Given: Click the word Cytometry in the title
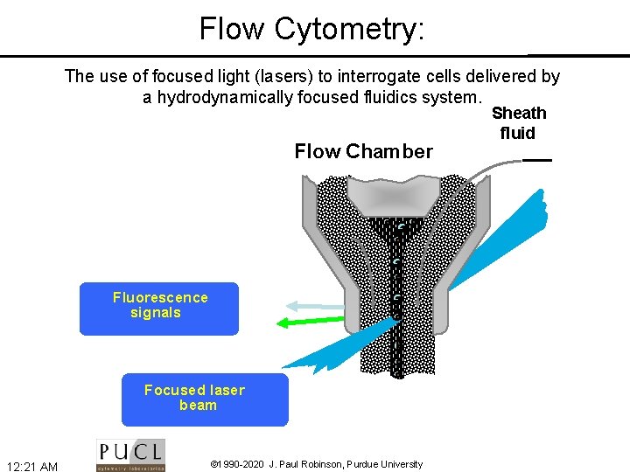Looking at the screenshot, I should point(349,29).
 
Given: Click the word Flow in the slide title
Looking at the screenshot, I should point(232,29).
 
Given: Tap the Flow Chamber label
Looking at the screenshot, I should point(363,152).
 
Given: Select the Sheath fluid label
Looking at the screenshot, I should point(519,123).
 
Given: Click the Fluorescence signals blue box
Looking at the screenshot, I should point(158,309).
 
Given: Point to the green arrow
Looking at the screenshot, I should point(311,322).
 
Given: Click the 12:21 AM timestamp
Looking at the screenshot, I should point(31,467).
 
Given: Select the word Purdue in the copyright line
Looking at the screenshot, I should point(364,464).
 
